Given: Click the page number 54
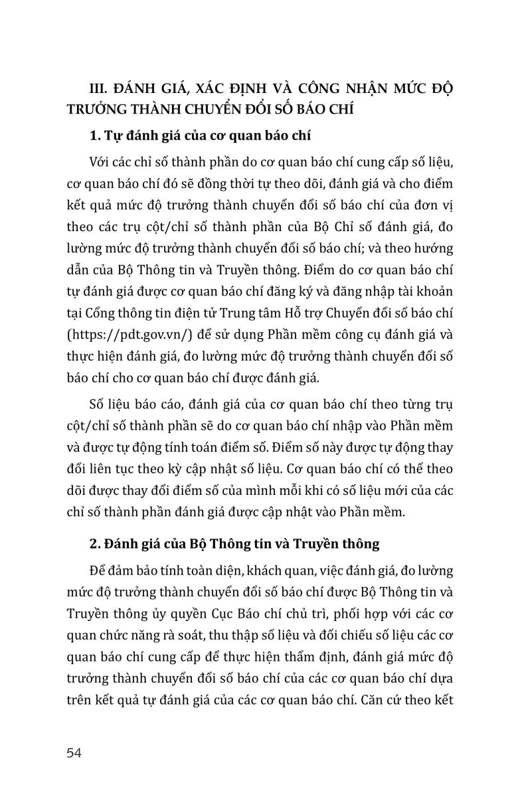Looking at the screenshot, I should pos(74,753).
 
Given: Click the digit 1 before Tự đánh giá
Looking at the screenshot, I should pos(92,137).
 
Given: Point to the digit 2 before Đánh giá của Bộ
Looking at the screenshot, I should pos(92,544).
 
